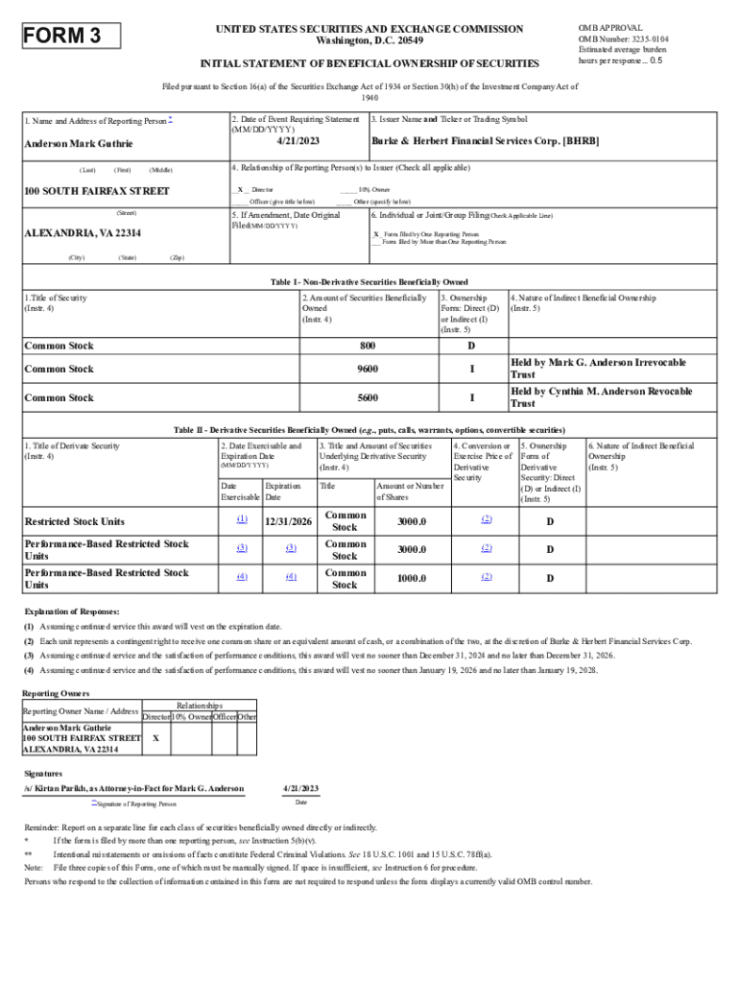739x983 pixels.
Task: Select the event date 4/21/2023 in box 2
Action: click(x=298, y=140)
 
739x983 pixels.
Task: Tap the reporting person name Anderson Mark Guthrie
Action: click(x=79, y=144)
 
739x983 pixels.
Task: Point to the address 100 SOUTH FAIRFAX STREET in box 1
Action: click(x=96, y=191)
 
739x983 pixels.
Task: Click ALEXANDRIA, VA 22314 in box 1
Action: click(x=83, y=233)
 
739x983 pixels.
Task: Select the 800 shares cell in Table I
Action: click(x=368, y=346)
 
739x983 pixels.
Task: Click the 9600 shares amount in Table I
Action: click(x=368, y=369)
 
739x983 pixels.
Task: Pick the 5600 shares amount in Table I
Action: click(x=368, y=397)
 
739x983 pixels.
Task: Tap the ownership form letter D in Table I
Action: click(x=471, y=346)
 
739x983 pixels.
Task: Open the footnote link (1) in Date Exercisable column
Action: click(x=242, y=519)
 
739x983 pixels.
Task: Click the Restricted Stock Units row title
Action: click(x=75, y=521)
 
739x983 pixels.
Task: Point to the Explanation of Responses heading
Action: click(x=72, y=611)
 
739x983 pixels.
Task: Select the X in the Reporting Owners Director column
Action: click(x=155, y=738)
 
